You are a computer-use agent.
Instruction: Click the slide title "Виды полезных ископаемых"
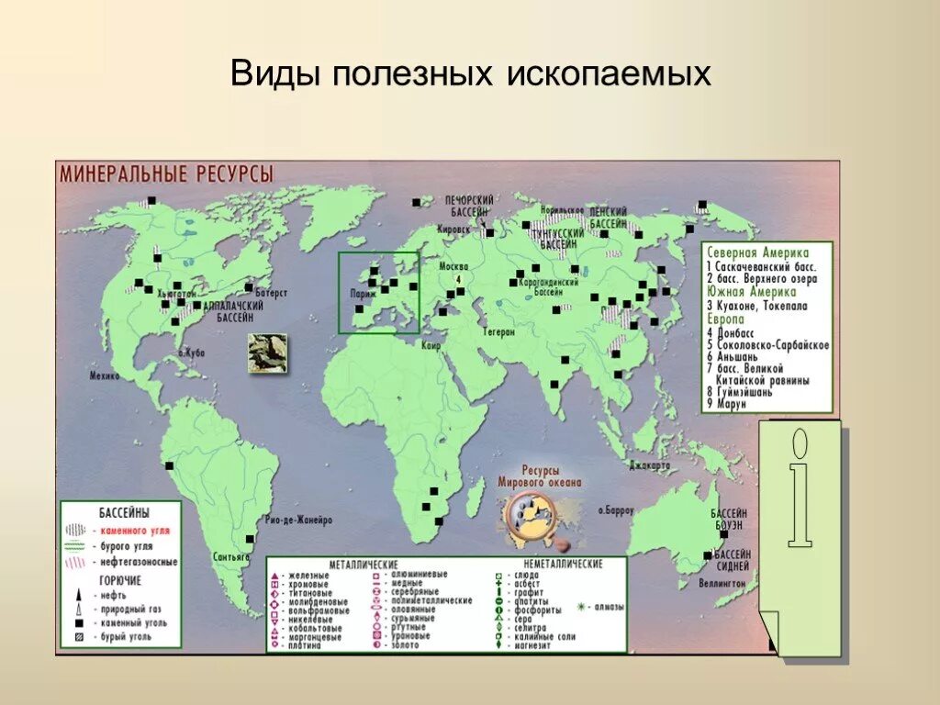[470, 73]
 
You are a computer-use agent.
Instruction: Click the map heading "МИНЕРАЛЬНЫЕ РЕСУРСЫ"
[166, 173]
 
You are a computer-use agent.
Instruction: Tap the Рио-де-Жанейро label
[297, 520]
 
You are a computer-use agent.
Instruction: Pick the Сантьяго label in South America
[230, 556]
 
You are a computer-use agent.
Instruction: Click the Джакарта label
[650, 465]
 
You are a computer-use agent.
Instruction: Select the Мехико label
[105, 375]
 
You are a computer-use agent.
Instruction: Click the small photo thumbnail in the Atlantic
[266, 352]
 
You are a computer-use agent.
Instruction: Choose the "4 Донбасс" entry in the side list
[735, 331]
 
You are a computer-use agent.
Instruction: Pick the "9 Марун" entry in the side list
[729, 403]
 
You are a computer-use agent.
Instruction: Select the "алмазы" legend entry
[607, 606]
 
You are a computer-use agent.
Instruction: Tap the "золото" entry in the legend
[403, 645]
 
